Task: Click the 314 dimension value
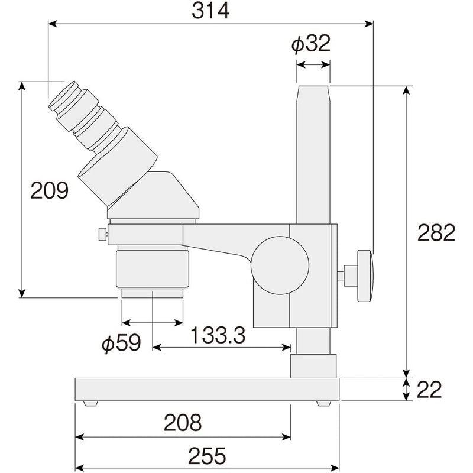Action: (x=210, y=11)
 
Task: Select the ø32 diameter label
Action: (x=311, y=44)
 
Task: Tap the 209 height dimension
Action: (x=50, y=190)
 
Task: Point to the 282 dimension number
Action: (x=436, y=232)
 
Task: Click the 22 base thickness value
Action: (x=429, y=390)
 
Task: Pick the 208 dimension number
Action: (x=183, y=423)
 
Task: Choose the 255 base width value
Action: (x=207, y=455)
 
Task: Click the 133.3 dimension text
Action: (x=218, y=335)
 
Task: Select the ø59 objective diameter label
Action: (x=121, y=343)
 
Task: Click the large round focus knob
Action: (x=280, y=265)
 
